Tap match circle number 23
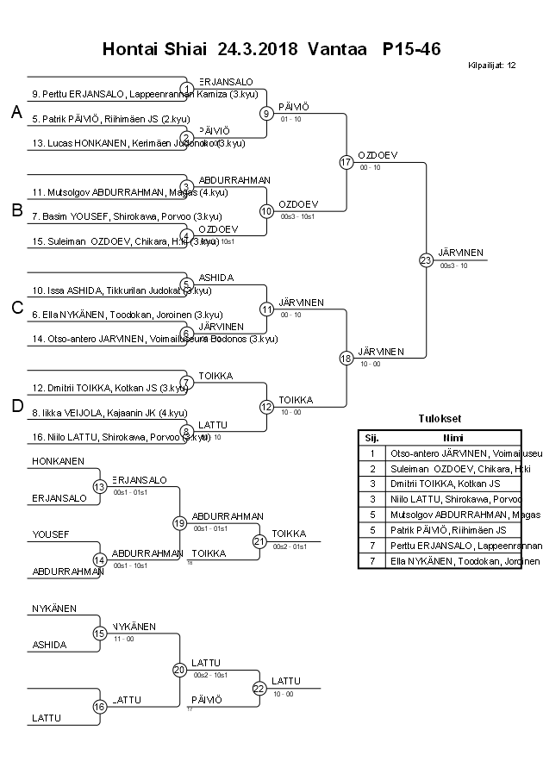click(x=426, y=259)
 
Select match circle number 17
click(x=346, y=162)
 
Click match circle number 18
click(x=346, y=358)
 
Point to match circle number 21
click(x=259, y=541)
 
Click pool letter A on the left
click(x=16, y=112)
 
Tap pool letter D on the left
click(x=16, y=406)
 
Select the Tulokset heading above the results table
click(x=440, y=421)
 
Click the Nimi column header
click(x=452, y=437)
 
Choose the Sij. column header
click(x=371, y=437)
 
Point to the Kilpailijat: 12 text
click(x=492, y=66)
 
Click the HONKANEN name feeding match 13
click(x=58, y=462)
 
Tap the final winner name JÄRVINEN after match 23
click(x=461, y=253)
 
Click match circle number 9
click(x=267, y=113)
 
